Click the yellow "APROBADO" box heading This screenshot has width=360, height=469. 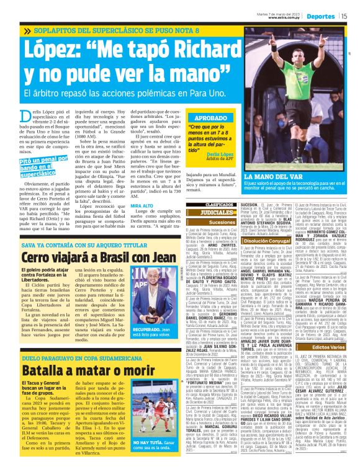click(x=211, y=117)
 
